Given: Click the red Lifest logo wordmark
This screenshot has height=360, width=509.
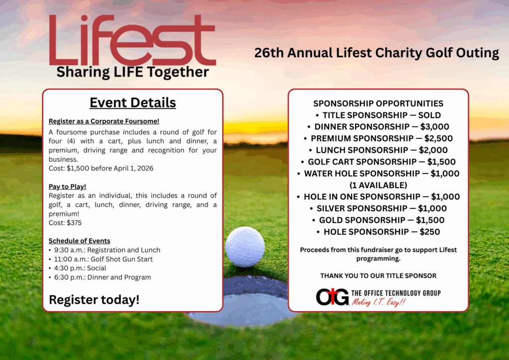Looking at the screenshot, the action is click(x=132, y=40).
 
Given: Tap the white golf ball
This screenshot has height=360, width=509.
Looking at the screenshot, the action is click(x=245, y=247).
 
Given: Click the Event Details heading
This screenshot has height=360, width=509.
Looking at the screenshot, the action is click(x=133, y=102).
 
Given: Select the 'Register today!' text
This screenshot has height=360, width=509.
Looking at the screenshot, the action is click(x=94, y=300).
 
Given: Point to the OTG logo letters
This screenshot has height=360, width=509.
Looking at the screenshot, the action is click(x=333, y=297).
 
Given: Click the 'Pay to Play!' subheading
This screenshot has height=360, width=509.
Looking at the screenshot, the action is click(x=67, y=186).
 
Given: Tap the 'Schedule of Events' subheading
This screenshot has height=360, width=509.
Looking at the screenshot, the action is click(x=80, y=241).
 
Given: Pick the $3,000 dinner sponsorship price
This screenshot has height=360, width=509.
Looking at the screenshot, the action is click(x=434, y=127).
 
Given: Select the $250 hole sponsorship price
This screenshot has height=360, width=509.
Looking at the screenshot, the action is click(x=430, y=232).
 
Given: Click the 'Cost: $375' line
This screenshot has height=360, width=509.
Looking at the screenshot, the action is click(x=65, y=223).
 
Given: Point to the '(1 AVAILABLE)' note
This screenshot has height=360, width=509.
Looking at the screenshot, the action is click(x=378, y=185).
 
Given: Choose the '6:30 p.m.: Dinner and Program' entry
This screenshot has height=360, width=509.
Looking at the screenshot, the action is click(x=102, y=277).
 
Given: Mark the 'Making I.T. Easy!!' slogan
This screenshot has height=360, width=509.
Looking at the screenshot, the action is click(x=379, y=302).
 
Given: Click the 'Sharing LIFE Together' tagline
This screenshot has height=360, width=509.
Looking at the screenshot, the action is click(x=132, y=72).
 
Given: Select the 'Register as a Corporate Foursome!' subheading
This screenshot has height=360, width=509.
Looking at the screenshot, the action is click(x=104, y=121).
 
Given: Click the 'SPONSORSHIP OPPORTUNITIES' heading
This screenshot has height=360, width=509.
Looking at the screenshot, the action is click(x=378, y=103).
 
